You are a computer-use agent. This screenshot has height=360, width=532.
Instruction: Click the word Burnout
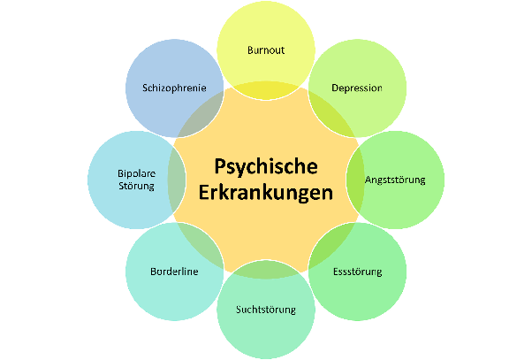266,50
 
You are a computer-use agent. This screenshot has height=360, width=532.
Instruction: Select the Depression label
357,88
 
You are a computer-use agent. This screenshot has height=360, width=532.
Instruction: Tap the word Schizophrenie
174,88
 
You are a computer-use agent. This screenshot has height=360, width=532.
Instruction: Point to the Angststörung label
395,180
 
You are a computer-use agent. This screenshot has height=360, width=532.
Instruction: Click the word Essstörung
358,272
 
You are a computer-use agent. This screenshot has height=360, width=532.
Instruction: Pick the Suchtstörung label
266,310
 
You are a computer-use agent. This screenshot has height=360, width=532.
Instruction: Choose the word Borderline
174,272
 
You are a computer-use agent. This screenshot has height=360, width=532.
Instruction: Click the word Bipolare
137,173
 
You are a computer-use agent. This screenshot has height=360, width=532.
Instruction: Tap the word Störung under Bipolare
136,186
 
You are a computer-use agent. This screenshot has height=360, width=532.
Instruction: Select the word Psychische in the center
266,166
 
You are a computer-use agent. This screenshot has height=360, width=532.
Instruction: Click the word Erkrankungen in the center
266,193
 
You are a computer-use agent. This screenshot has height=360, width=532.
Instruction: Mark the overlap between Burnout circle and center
266,90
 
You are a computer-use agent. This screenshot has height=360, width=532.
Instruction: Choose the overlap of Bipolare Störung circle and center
177,180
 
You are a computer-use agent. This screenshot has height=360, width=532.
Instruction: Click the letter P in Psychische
221,166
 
